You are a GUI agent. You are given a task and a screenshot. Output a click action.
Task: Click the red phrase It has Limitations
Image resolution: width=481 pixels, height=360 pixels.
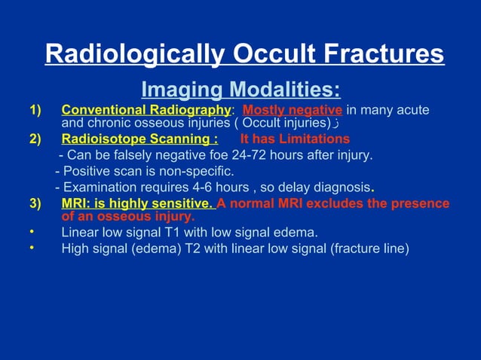point(295,139)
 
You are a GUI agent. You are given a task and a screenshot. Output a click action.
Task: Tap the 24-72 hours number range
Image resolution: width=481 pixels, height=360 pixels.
point(247,156)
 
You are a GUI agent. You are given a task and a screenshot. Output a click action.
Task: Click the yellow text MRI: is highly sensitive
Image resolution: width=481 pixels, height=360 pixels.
point(138,203)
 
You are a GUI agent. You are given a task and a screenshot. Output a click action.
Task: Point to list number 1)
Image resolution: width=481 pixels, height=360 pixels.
point(36,111)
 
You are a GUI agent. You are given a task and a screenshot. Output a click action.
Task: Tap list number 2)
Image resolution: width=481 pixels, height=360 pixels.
point(36,139)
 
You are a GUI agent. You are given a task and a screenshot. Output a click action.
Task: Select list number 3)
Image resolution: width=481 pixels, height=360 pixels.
point(36,203)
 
